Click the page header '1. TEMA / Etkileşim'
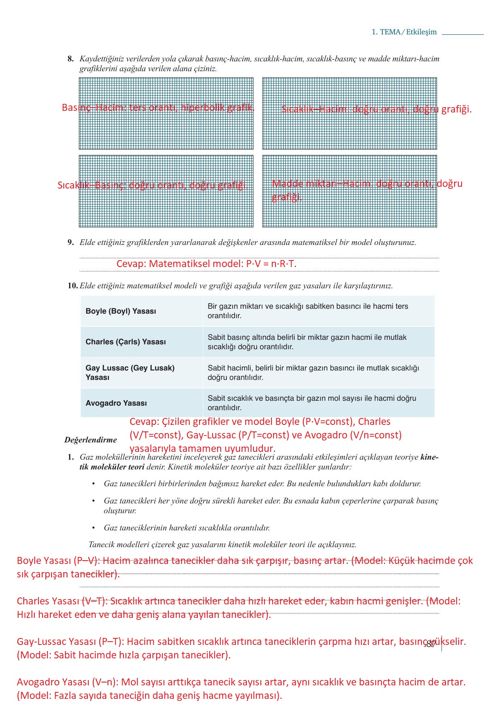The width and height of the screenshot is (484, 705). tap(404, 32)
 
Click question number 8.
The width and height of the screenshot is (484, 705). tap(70, 59)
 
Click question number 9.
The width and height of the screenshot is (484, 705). tap(70, 242)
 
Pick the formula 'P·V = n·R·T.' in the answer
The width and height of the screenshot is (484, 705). tap(271, 264)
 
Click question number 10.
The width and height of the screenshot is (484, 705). tap(72, 286)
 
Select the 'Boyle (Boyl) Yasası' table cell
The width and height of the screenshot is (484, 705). tap(121, 311)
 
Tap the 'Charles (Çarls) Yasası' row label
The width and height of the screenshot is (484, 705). tap(125, 342)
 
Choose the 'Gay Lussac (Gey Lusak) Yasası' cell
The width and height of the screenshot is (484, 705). tap(130, 373)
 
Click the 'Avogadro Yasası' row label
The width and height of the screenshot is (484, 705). tap(116, 403)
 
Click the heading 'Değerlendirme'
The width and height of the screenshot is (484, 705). tap(90, 440)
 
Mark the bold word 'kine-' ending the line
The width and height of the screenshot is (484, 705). tap(429, 457)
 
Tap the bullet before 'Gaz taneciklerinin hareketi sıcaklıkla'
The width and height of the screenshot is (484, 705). tap(94, 528)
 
